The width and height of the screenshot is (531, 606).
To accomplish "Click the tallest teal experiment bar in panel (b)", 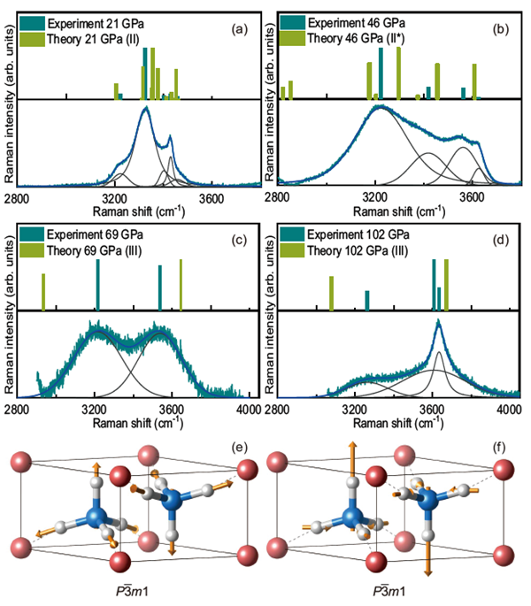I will pos(381,73).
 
